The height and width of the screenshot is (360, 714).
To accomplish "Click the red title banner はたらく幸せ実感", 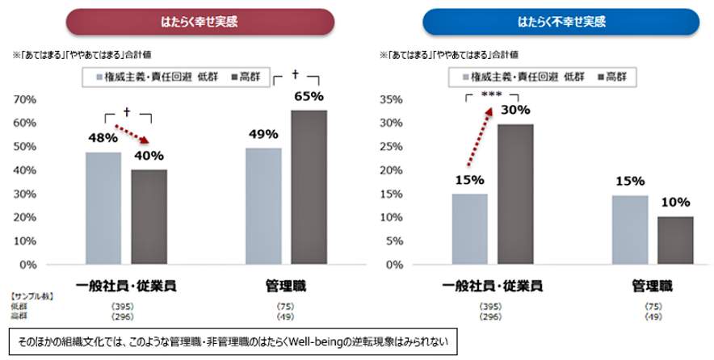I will click(x=200, y=20).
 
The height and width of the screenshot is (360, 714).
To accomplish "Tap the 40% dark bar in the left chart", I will click(x=149, y=216).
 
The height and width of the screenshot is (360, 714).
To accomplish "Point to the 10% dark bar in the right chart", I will click(x=675, y=240).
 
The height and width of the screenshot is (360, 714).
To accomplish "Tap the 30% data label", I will click(x=514, y=110).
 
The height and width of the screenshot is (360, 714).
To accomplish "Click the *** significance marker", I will click(x=491, y=94).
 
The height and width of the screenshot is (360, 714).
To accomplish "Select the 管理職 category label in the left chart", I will click(x=286, y=286).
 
